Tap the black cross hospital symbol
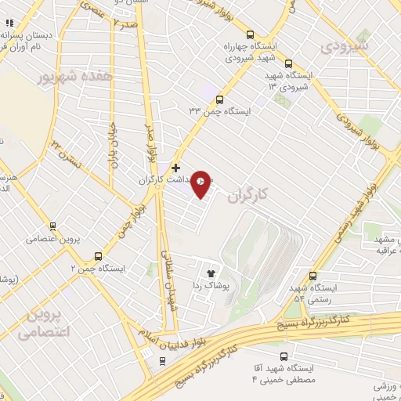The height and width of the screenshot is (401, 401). (x=176, y=167)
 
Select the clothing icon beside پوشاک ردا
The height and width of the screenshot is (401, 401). (x=211, y=273)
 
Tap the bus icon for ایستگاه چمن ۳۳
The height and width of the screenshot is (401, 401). (x=219, y=99)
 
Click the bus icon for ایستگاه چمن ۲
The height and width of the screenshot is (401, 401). (x=98, y=256)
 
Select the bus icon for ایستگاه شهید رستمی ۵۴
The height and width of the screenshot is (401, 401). (x=313, y=276)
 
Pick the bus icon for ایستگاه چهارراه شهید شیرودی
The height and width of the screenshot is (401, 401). (x=250, y=34)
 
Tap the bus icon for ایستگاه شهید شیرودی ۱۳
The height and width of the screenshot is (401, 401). (x=289, y=63)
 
